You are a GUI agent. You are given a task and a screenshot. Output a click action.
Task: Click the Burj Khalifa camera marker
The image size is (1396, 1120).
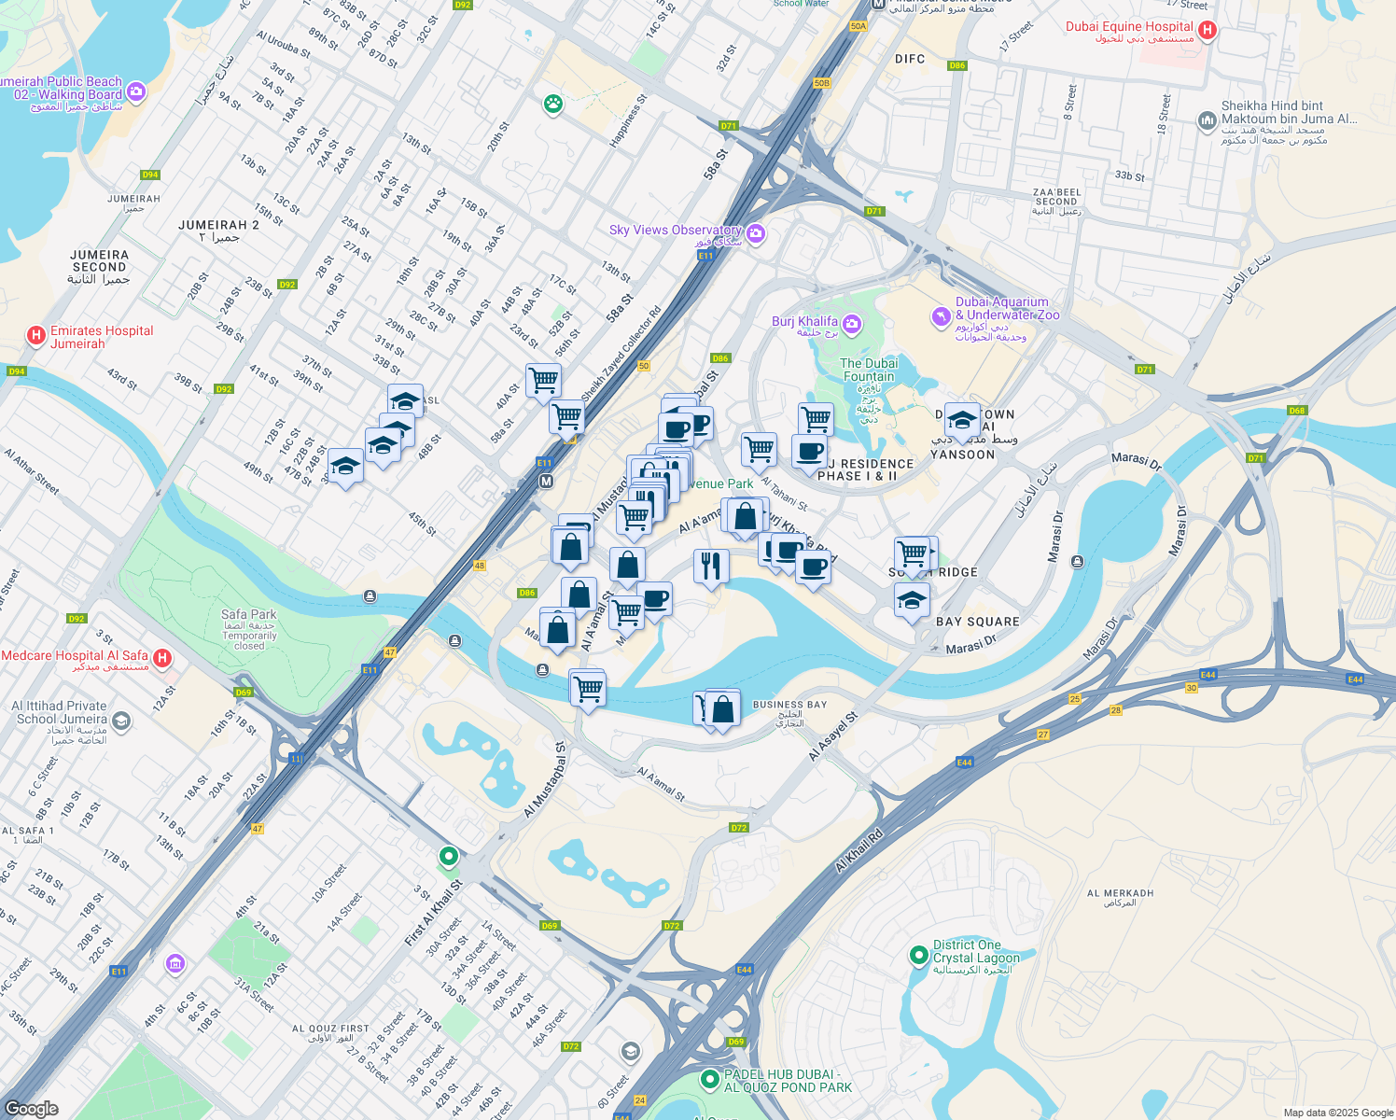click(851, 324)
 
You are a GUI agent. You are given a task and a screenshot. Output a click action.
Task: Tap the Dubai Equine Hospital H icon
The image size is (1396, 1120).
click(1207, 30)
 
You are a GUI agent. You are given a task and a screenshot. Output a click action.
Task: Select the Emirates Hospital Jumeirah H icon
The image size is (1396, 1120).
click(36, 335)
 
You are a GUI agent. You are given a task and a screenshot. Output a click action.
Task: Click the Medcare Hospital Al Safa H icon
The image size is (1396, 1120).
click(161, 658)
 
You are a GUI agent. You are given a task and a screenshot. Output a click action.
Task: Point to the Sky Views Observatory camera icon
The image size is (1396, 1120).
click(756, 233)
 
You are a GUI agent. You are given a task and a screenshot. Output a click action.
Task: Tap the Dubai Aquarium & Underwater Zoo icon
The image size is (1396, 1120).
click(941, 317)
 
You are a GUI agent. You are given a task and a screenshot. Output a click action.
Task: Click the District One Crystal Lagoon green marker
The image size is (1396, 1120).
click(919, 956)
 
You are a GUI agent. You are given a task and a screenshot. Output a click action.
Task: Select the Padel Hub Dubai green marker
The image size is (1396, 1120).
click(710, 1079)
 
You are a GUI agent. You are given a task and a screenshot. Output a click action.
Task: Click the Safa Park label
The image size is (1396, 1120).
click(248, 614)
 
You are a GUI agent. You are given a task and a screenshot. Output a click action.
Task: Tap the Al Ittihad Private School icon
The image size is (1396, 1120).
click(121, 721)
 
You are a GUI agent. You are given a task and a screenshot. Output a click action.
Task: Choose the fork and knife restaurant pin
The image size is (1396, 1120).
click(711, 566)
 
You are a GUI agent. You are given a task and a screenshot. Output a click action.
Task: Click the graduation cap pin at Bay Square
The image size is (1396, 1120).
click(912, 600)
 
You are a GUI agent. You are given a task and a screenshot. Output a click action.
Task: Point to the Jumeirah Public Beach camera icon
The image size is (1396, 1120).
click(137, 91)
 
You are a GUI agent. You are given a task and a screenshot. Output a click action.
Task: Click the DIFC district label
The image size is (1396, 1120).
click(909, 59)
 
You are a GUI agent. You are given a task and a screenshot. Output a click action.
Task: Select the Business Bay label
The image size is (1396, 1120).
click(789, 705)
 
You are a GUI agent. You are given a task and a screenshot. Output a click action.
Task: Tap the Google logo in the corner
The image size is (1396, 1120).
click(32, 1108)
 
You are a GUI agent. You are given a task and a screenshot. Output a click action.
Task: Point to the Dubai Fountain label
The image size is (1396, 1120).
click(869, 370)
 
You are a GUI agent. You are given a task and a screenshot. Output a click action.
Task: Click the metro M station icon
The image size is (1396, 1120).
click(547, 482)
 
